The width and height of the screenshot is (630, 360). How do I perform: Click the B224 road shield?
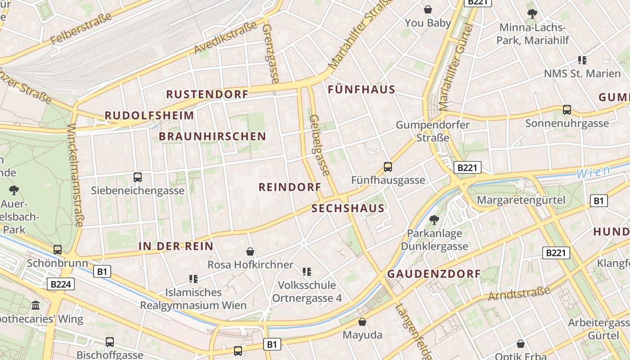pos(60,284)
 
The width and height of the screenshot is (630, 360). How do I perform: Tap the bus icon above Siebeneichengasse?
pos(138,177)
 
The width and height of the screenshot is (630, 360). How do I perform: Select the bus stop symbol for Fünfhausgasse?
pos(388,167)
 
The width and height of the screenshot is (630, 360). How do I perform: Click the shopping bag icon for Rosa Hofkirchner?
pos(250,252)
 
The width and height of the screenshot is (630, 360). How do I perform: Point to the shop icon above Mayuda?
pos(362,322)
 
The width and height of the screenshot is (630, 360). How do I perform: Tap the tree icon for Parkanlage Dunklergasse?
pos(434,220)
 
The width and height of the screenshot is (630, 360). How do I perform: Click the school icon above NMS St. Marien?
pos(582,60)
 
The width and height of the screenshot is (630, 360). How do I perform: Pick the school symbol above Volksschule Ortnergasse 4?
pos(307,271)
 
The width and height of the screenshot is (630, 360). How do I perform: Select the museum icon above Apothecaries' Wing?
pos(36,306)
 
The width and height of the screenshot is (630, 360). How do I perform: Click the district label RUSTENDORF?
pos(207,94)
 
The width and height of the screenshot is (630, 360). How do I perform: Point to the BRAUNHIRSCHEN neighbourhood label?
pos(212,136)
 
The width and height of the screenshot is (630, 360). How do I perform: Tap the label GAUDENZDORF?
pos(434,274)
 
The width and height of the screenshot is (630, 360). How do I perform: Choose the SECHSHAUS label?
pos(348,208)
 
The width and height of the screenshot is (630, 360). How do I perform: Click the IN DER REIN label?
pos(176,246)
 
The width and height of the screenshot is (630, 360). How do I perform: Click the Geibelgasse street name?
pos(319,145)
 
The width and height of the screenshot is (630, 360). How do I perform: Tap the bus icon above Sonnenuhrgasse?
pos(567,109)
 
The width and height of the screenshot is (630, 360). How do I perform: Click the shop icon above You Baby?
pos(428,9)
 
